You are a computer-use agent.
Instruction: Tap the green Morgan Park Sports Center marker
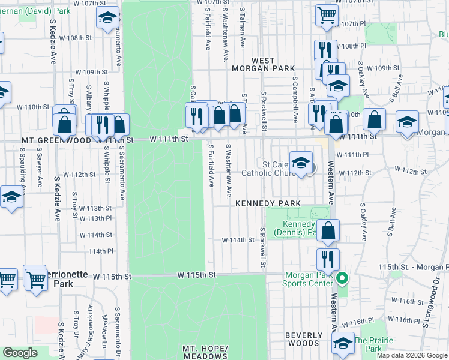click(x=342, y=278)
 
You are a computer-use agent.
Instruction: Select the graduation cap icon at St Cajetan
click(x=301, y=163)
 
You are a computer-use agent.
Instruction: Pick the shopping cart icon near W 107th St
click(x=327, y=14)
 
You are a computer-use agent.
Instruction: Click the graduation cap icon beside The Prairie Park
click(x=343, y=343)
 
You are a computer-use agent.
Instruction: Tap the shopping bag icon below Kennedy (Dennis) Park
click(x=328, y=230)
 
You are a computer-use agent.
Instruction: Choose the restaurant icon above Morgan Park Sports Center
click(x=327, y=259)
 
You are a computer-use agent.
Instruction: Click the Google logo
click(x=20, y=353)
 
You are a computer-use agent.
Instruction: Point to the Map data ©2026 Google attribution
click(x=412, y=355)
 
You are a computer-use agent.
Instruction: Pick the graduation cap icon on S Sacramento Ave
click(x=107, y=18)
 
